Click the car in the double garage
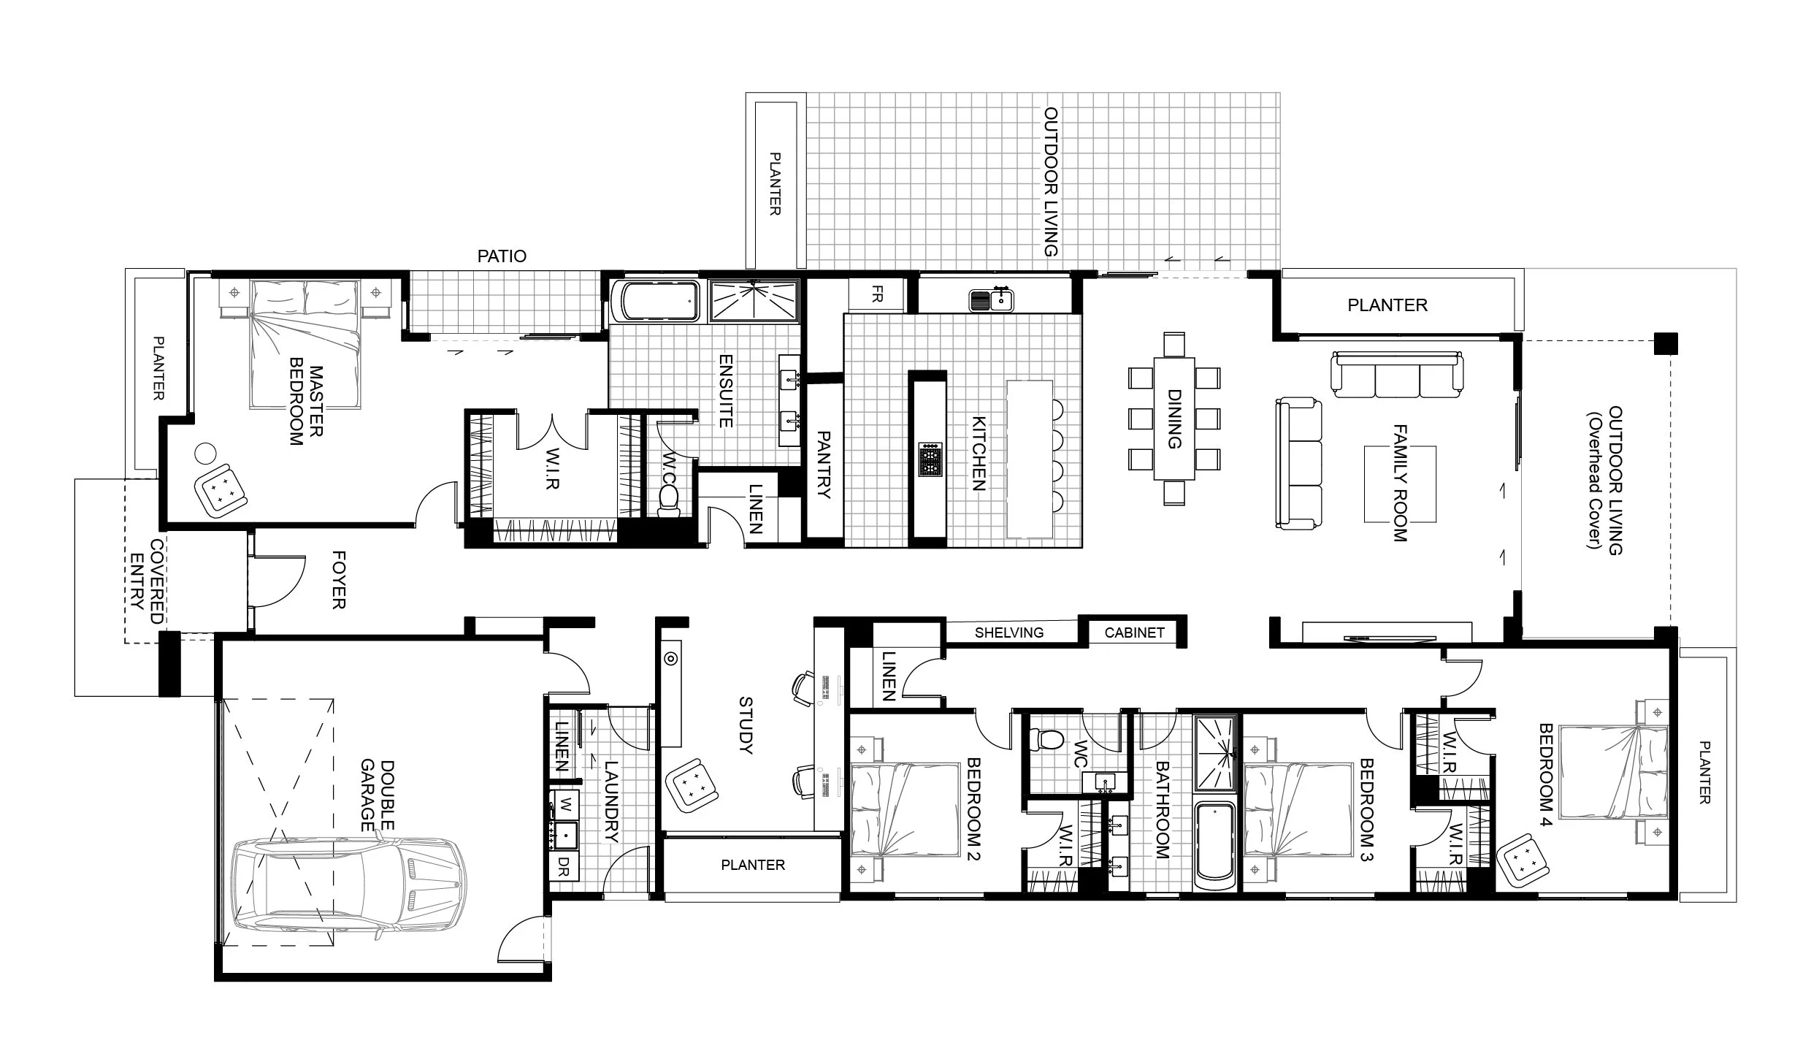pyautogui.click(x=348, y=893)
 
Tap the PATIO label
pyautogui.click(x=502, y=256)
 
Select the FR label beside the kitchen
pyautogui.click(x=877, y=294)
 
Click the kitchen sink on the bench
pyautogui.click(x=991, y=299)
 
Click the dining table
pyautogui.click(x=1174, y=418)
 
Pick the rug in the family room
pyautogui.click(x=1400, y=484)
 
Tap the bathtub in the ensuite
pyautogui.click(x=654, y=301)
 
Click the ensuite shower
pyautogui.click(x=754, y=300)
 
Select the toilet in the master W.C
pyautogui.click(x=667, y=501)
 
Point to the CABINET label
pyautogui.click(x=1134, y=633)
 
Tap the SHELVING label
pyautogui.click(x=1009, y=633)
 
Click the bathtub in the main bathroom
pyautogui.click(x=1214, y=846)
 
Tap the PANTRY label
pyautogui.click(x=824, y=465)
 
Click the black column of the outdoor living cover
pyautogui.click(x=1666, y=343)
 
